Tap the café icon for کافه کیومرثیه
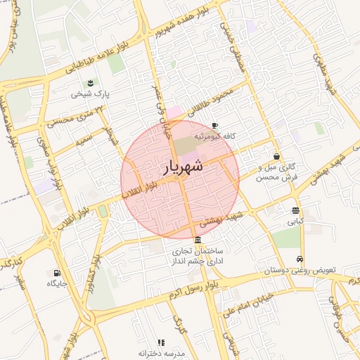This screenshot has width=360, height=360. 215,125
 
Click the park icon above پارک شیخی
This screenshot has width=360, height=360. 91,84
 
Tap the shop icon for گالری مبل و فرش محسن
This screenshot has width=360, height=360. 276,156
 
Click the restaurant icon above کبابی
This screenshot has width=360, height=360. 295,210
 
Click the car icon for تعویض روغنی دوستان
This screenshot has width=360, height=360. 301,259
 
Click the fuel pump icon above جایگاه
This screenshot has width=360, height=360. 56,273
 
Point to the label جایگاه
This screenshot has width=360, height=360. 56,283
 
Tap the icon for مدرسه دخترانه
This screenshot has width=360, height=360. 161,342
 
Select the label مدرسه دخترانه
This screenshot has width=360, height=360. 161,353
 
